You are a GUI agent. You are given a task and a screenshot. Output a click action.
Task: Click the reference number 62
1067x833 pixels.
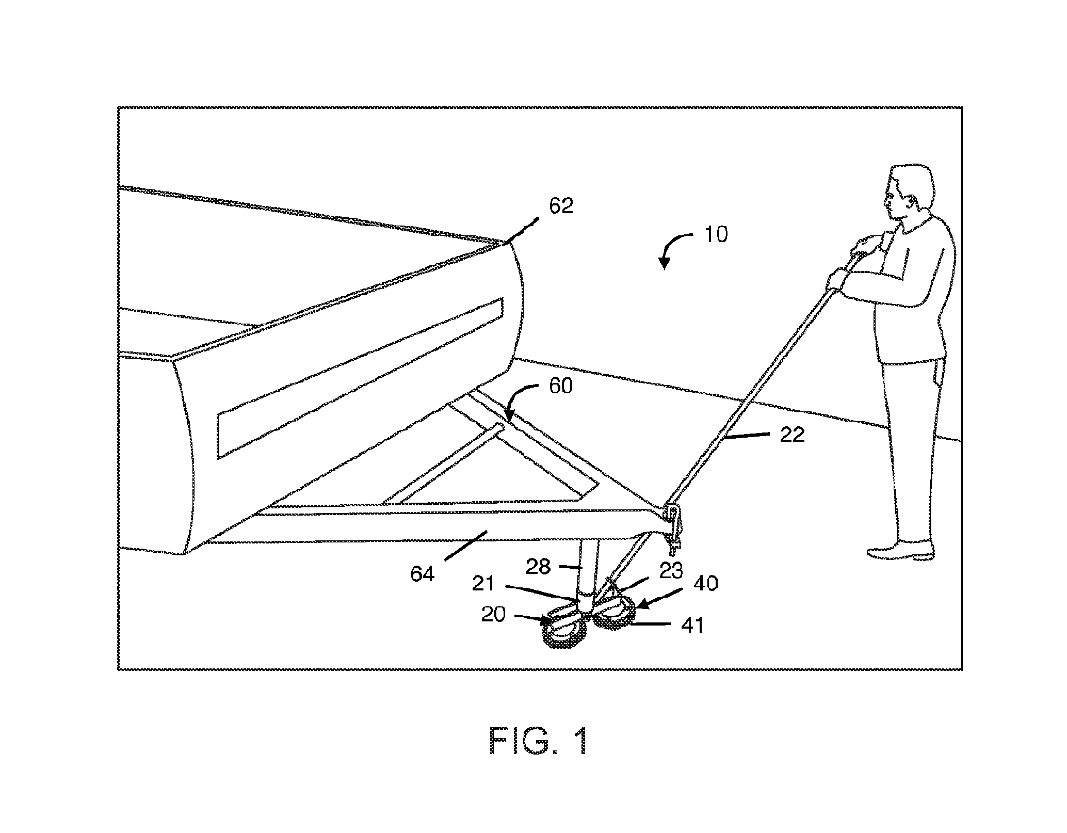tap(561, 206)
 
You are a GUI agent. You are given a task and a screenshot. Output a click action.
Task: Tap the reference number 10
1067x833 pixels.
tap(716, 235)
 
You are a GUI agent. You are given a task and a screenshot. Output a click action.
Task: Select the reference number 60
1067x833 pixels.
tap(560, 386)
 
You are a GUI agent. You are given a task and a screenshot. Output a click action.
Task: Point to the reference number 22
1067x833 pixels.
tap(792, 435)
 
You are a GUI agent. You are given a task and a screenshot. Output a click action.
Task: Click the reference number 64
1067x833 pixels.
tap(422, 574)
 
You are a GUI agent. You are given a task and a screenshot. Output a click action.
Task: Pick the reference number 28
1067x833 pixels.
tap(539, 567)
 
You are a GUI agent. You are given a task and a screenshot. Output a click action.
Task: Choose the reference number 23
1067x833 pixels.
tap(671, 570)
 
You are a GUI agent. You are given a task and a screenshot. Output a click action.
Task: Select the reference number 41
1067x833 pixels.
tap(692, 626)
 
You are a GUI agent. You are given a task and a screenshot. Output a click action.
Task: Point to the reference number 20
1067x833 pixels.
tap(493, 614)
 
